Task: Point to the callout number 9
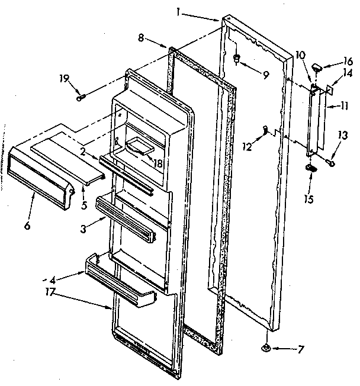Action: (264, 75)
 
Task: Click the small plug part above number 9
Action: (236, 59)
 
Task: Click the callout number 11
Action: (343, 107)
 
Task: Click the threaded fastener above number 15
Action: (311, 169)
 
